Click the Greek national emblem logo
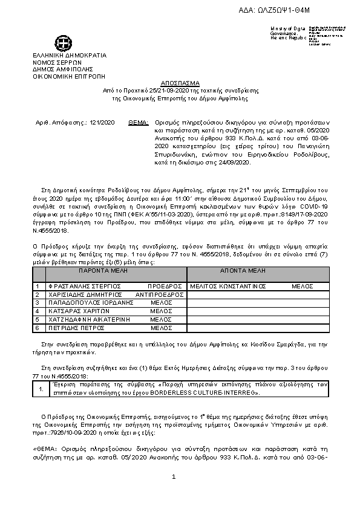coord(62,44)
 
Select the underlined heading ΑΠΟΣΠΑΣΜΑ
coord(180,83)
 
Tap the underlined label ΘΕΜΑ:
coord(139,122)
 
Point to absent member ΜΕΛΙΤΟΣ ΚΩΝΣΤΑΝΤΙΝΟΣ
coord(227,285)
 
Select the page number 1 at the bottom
coord(174,478)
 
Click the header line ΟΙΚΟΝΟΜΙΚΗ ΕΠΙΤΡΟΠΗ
coord(60,77)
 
